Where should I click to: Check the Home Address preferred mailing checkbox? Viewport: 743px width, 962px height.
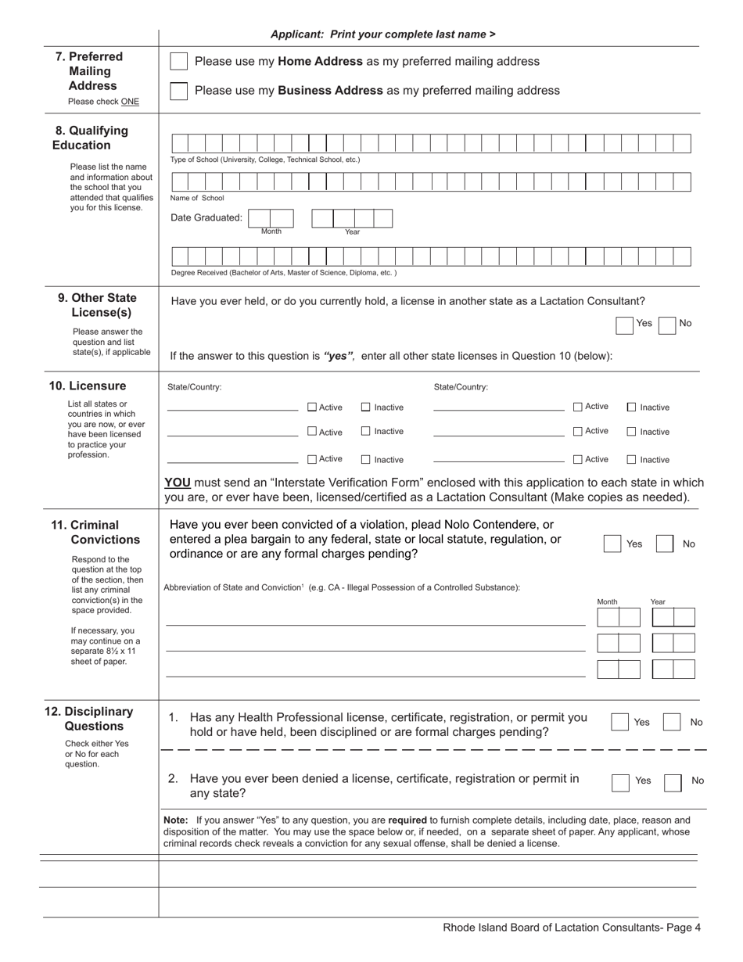pos(179,62)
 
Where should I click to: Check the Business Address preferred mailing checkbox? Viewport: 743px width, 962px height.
pos(179,91)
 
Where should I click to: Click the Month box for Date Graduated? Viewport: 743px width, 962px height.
pos(271,218)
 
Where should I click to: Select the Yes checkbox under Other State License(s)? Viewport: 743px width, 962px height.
pos(624,325)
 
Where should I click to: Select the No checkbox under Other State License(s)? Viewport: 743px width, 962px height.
pos(667,325)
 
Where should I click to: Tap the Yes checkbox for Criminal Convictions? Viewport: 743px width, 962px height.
pos(612,544)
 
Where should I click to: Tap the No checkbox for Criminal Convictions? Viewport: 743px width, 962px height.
pos(664,544)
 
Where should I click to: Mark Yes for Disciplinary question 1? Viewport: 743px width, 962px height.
pos(619,722)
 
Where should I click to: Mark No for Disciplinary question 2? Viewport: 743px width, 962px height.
pos(672,783)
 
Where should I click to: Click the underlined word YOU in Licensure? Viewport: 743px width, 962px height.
pos(178,483)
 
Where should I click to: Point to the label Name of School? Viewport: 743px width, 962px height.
pos(197,198)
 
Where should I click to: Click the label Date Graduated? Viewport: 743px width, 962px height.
pos(206,217)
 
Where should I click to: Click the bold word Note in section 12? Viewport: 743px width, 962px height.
pos(176,820)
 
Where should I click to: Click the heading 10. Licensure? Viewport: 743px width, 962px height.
pos(88,386)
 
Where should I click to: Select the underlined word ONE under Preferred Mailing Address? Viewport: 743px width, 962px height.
pos(130,102)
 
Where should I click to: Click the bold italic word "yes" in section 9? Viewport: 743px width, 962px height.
pos(339,356)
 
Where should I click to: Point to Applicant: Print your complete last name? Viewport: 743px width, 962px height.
pos(382,34)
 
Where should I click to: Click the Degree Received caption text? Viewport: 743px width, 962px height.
pos(283,273)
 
